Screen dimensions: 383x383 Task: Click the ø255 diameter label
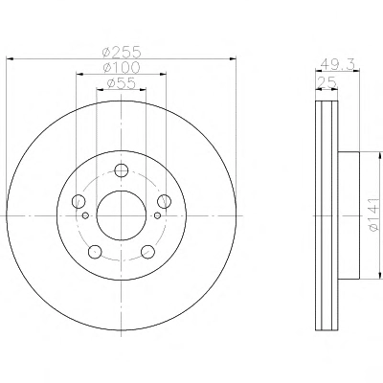tap(122, 52)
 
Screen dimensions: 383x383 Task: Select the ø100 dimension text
tap(122, 67)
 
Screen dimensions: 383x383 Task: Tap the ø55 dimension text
tap(122, 83)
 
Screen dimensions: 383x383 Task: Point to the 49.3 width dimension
tap(338, 64)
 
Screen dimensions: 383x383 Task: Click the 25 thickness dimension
tap(327, 82)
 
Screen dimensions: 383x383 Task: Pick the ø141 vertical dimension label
tap(373, 214)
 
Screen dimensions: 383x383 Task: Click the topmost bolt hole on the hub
tap(122, 170)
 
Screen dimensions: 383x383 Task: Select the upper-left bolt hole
tap(79, 201)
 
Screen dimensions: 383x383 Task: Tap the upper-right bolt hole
tap(164, 201)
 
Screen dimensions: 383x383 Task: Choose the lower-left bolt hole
tap(95, 252)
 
